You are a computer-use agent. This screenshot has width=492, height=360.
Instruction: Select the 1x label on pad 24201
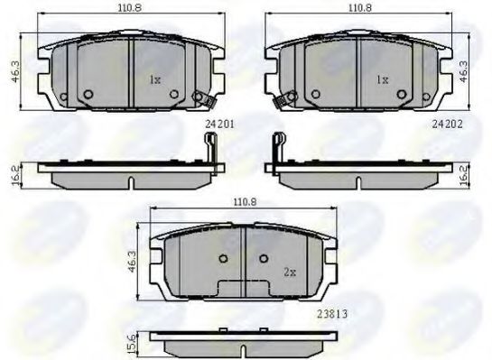pos(155,80)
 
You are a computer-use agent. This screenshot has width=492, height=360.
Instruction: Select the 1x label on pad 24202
pos(382,80)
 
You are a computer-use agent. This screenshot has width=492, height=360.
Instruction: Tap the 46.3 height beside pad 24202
pos(464,71)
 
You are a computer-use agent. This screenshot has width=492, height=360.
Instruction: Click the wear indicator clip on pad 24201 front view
pos(203,99)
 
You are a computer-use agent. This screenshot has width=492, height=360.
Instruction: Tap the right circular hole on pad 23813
pos(263,259)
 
